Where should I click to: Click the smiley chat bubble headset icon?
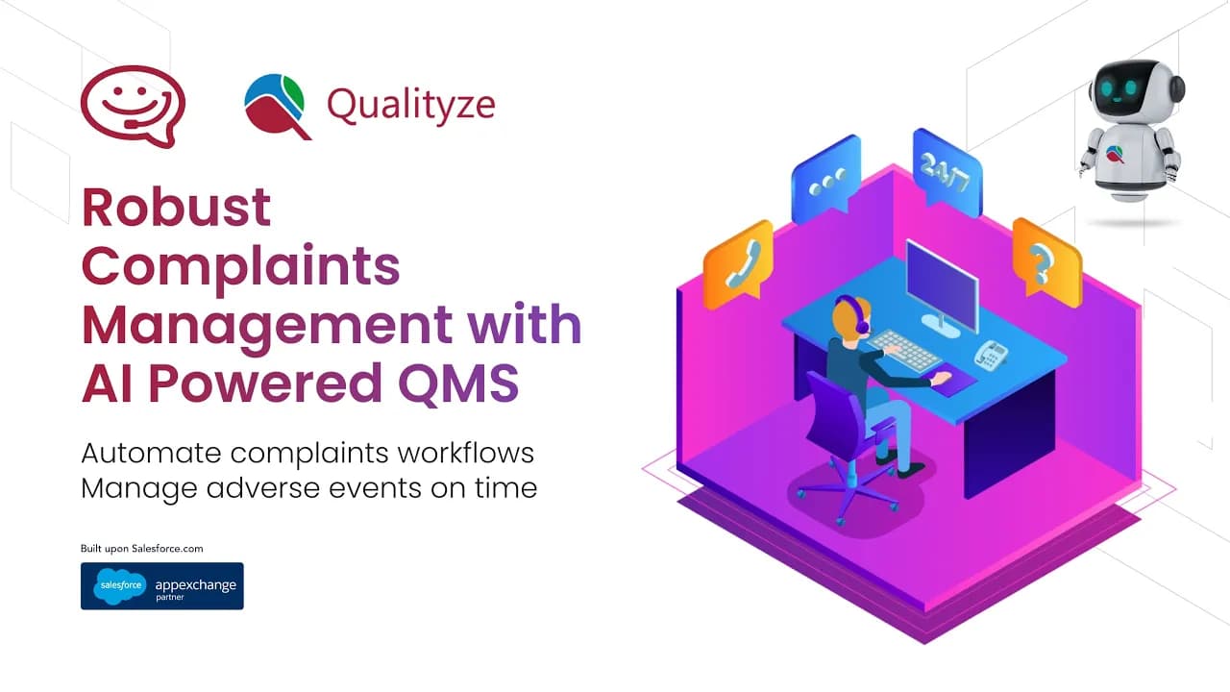(x=133, y=107)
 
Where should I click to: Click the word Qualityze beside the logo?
(x=411, y=105)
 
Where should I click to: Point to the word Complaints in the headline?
(x=240, y=267)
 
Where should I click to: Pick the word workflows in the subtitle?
(x=466, y=453)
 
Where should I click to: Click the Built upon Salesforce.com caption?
(x=141, y=549)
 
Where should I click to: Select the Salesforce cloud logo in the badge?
(x=120, y=586)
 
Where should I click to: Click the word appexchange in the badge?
(x=195, y=585)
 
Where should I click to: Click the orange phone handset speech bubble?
(x=739, y=264)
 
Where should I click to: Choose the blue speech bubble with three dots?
(x=826, y=179)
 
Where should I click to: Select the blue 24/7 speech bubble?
(x=947, y=173)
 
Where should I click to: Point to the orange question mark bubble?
(x=1047, y=262)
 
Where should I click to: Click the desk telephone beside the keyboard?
(x=991, y=355)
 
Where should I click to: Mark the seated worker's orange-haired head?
(x=851, y=318)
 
